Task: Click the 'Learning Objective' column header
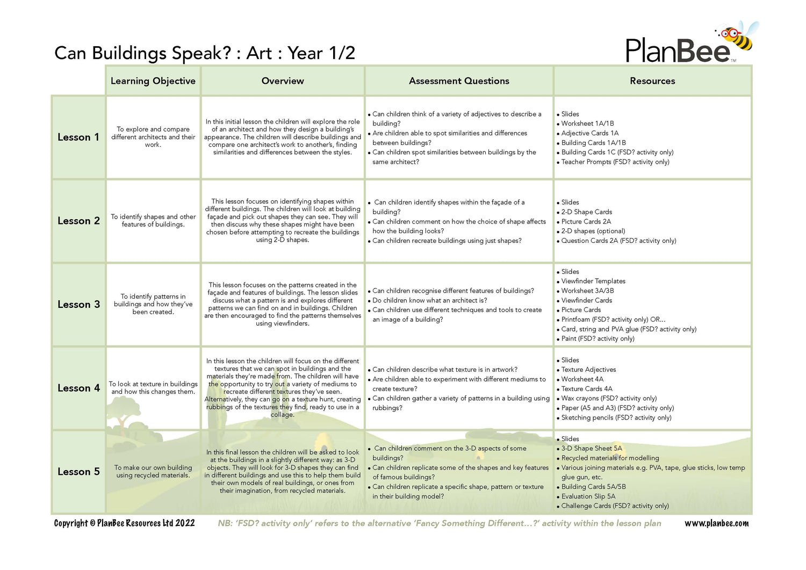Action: [153, 81]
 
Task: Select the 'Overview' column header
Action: [283, 81]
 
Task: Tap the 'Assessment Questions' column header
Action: [459, 81]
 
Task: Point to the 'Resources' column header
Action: [652, 81]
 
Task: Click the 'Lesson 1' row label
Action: [78, 138]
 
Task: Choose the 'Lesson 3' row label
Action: [78, 305]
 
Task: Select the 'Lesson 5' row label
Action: [78, 472]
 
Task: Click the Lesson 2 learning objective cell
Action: [153, 221]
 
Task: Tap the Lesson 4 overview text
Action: [283, 388]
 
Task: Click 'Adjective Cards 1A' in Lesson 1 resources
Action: [590, 133]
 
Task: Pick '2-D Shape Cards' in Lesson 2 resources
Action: [587, 212]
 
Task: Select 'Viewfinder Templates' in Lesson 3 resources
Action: [593, 282]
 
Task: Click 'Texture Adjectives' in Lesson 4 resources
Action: [588, 370]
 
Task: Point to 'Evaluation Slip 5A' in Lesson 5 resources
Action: [588, 496]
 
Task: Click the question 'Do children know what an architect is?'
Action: [430, 301]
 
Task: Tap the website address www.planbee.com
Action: [716, 523]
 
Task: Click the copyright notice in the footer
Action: [124, 523]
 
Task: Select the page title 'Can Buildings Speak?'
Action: [142, 53]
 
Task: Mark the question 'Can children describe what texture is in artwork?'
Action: [445, 370]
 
